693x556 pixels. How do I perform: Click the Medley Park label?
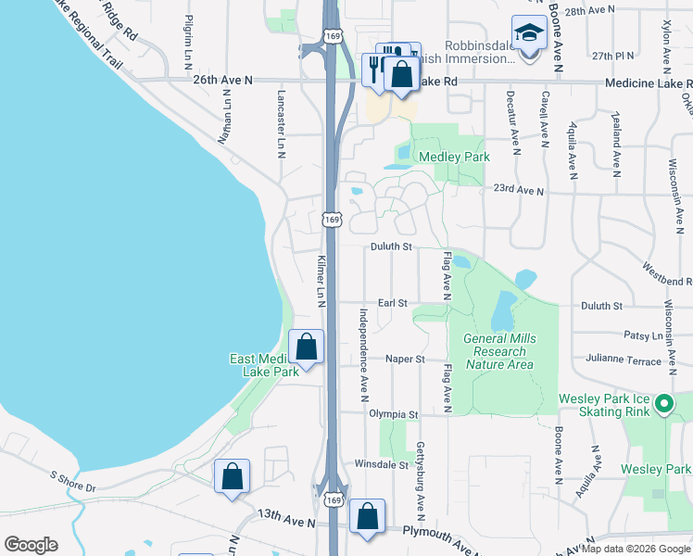454,157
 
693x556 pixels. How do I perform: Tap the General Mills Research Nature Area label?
499,351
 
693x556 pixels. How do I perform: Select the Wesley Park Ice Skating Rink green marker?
663,404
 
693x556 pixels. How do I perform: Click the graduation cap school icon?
529,34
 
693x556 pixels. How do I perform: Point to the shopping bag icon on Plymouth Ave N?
368,518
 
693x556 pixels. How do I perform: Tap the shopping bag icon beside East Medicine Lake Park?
307,348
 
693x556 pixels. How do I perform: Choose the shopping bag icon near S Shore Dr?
232,477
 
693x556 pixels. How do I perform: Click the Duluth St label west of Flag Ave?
391,247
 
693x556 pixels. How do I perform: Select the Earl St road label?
393,303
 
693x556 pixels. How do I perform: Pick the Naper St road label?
405,359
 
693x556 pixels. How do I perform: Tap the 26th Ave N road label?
222,81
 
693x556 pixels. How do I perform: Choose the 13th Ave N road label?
286,523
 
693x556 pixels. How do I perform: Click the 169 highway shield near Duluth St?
332,220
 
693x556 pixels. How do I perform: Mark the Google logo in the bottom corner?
31,545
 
